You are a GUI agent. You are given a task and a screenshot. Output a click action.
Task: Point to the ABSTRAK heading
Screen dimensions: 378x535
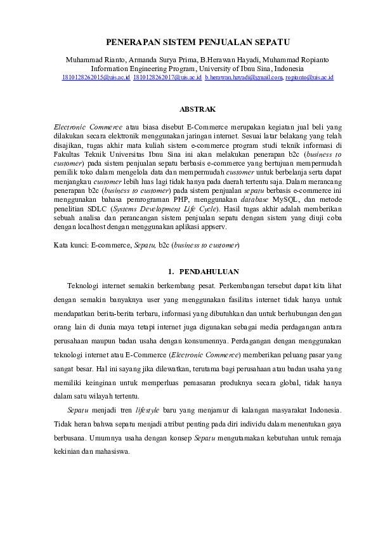(197, 109)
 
